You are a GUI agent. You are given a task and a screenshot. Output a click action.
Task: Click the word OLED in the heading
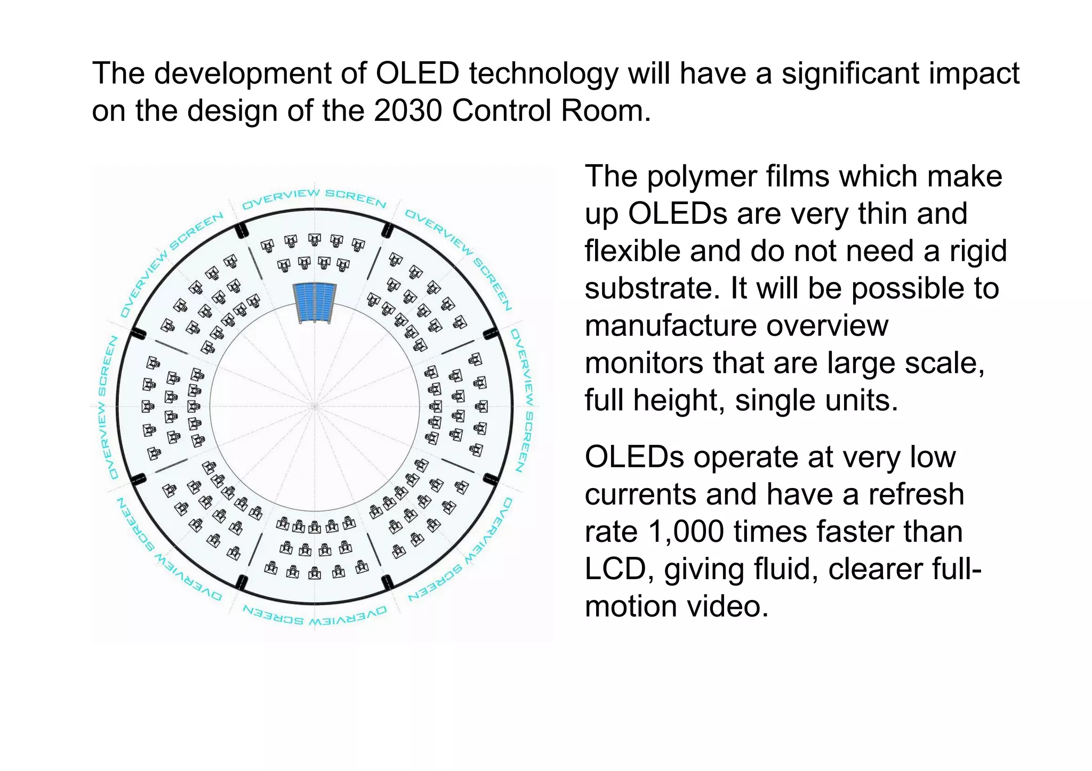point(417,74)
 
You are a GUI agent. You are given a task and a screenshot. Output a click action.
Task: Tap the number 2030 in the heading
point(408,111)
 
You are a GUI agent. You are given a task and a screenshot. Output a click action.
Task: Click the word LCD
point(619,569)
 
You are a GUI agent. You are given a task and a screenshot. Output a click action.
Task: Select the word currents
point(640,494)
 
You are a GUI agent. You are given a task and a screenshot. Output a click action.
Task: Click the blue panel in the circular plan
point(315,303)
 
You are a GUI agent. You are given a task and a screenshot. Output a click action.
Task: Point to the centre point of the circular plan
point(315,407)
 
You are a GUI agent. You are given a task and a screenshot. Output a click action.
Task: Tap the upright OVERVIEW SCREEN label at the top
point(314,198)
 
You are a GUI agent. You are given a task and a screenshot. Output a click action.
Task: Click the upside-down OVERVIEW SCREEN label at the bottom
point(315,616)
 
